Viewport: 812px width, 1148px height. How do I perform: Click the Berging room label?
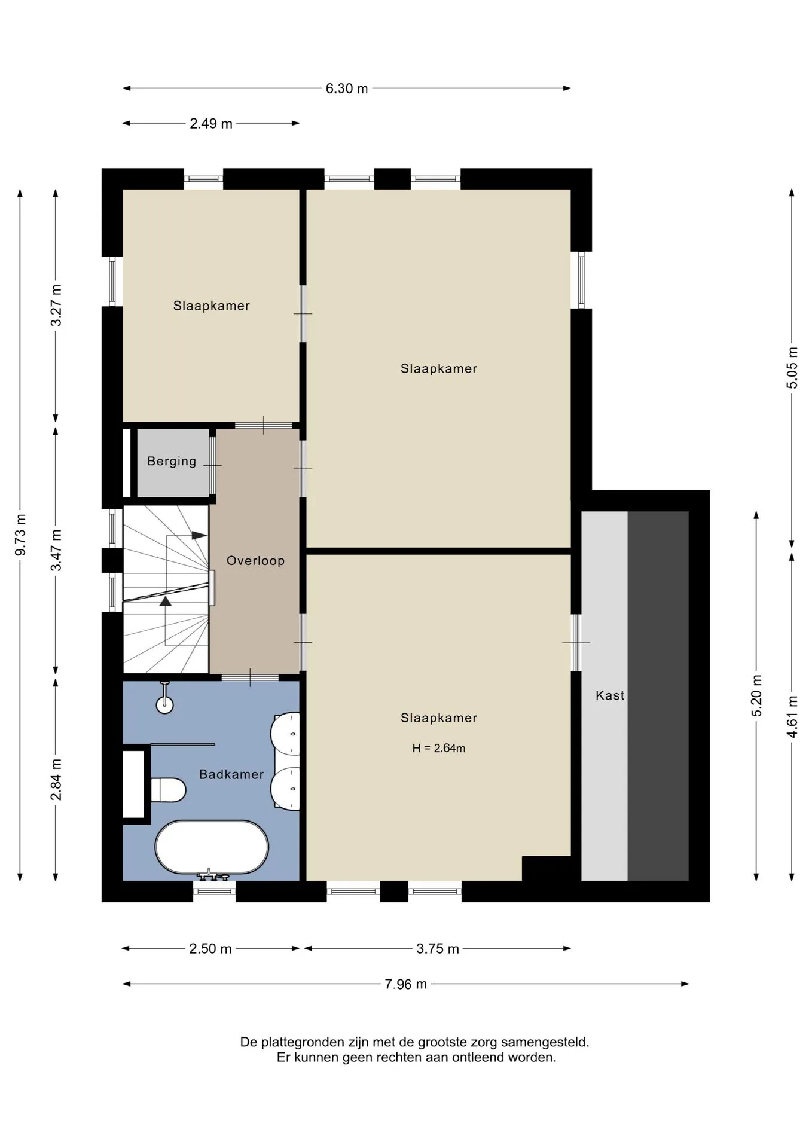point(172,461)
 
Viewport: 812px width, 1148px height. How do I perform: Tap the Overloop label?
point(255,561)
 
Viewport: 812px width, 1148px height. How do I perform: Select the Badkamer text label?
point(231,774)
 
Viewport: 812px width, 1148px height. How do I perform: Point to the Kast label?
point(610,695)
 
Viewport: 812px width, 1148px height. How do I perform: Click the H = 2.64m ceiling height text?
point(439,748)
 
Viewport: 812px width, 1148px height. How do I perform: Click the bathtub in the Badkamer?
point(212,847)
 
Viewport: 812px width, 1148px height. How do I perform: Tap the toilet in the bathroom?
point(167,790)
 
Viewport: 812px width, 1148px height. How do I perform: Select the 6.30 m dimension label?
point(347,88)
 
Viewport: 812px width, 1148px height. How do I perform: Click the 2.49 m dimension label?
point(211,124)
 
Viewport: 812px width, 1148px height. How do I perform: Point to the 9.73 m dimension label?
point(20,535)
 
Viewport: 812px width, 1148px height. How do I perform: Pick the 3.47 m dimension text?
point(56,550)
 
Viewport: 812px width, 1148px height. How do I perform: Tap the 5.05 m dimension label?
point(792,368)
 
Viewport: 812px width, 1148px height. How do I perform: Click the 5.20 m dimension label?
point(757,695)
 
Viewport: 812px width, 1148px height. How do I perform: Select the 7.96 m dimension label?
point(405,984)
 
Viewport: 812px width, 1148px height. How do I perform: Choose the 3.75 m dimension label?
point(438,949)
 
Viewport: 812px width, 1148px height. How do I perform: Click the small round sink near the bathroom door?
point(164,704)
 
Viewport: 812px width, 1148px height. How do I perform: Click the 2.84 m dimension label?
point(56,780)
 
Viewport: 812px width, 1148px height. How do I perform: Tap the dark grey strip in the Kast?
point(658,696)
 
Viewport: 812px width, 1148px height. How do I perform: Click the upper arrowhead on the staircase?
point(199,535)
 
